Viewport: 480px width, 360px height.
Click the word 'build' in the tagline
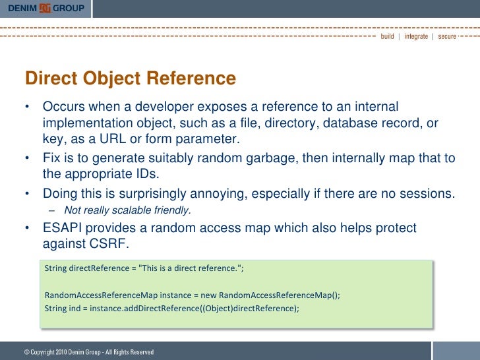pos(387,36)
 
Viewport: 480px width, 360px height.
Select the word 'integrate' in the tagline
pos(415,36)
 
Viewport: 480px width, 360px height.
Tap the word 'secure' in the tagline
pos(446,36)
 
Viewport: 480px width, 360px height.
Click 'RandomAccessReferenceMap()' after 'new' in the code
pos(279,294)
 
